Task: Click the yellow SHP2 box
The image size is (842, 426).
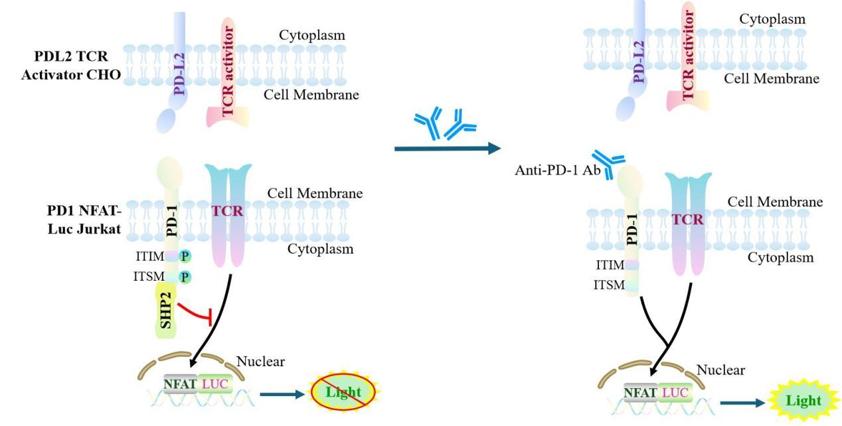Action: click(x=166, y=309)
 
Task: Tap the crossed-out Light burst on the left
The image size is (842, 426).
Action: click(x=343, y=393)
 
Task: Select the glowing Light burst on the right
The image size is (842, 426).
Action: click(x=803, y=401)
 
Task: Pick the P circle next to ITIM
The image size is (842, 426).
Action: click(x=185, y=256)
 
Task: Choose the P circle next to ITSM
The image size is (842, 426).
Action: click(x=185, y=277)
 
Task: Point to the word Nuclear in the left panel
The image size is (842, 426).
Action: click(x=260, y=362)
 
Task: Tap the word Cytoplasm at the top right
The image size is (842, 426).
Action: click(x=772, y=19)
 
